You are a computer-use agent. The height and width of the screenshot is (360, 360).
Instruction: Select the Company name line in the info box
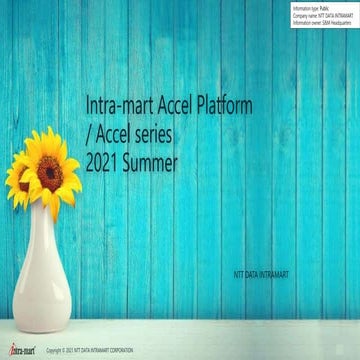(319, 13)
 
